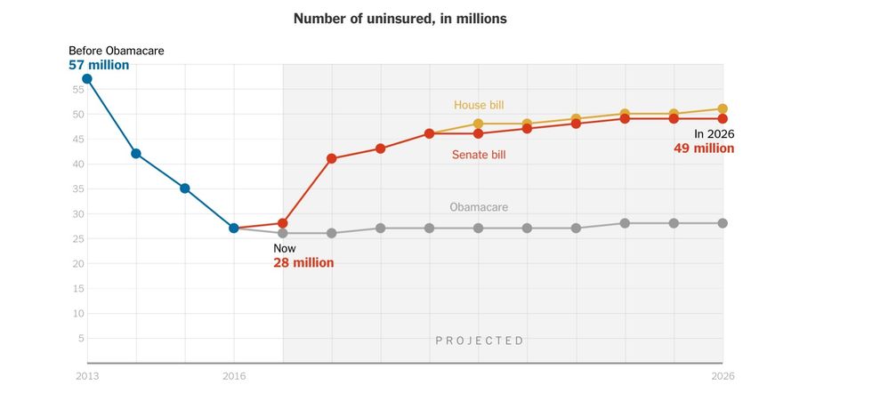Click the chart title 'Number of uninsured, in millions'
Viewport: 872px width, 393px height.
click(400, 19)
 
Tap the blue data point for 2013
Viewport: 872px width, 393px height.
click(87, 79)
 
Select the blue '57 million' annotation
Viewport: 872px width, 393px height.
click(99, 65)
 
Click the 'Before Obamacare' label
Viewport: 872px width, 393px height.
click(117, 51)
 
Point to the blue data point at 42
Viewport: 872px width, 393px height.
click(136, 154)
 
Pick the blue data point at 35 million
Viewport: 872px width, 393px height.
click(185, 188)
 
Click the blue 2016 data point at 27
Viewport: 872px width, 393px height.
click(234, 229)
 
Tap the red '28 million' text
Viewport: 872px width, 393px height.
click(303, 263)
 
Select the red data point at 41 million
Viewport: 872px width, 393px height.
click(332, 159)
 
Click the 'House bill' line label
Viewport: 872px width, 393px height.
click(479, 105)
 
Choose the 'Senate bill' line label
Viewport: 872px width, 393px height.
click(479, 155)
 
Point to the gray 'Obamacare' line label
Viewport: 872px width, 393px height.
click(479, 207)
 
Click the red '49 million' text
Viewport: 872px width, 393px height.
click(704, 148)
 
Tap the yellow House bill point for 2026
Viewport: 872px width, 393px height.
click(723, 109)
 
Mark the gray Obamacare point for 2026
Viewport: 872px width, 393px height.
click(723, 223)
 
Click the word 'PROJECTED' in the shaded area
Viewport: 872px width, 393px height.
click(480, 341)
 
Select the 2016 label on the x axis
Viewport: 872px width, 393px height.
click(234, 377)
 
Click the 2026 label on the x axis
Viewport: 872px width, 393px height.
click(723, 377)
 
